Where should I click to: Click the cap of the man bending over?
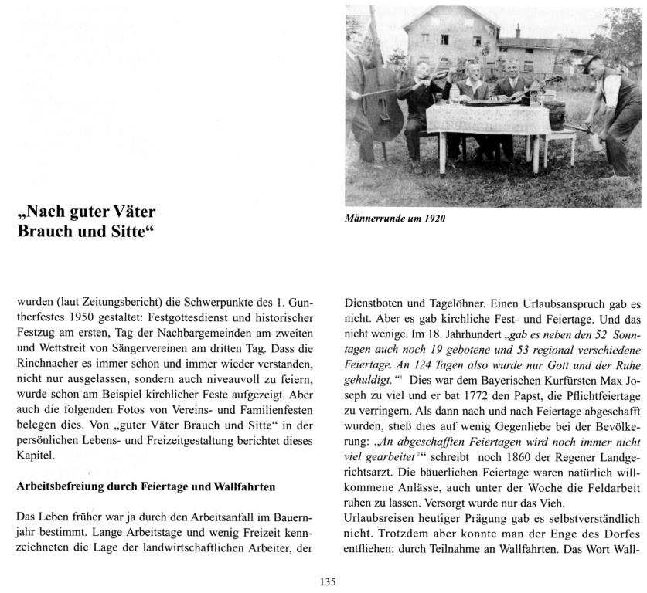pos(592,59)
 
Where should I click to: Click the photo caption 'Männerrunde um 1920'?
pos(395,218)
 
